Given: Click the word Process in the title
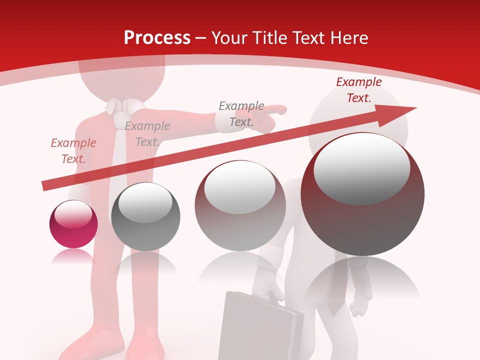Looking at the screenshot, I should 157,38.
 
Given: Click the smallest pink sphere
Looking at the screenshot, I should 73,224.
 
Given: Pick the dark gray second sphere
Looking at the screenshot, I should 145,216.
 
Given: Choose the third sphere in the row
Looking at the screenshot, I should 240,205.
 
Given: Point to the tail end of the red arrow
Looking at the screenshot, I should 45,186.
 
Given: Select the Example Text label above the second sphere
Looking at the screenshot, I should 147,134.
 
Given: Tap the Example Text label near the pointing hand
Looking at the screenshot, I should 241,114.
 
